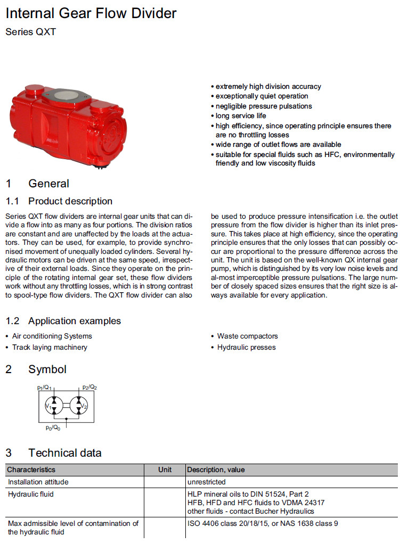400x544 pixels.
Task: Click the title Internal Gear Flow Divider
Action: [91, 13]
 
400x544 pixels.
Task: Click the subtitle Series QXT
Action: [30, 32]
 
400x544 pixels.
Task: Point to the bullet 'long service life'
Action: [240, 116]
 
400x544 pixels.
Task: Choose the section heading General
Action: [48, 184]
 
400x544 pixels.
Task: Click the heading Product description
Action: [70, 201]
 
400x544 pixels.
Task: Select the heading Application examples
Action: [75, 321]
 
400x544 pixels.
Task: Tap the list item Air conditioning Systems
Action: [52, 336]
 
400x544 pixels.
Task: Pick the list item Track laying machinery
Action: [50, 347]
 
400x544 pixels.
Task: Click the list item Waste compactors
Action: [247, 336]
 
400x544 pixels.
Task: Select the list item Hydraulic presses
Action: [246, 347]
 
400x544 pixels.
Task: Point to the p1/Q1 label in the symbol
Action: [44, 387]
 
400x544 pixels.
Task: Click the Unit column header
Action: [165, 469]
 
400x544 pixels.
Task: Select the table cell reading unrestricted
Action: [207, 482]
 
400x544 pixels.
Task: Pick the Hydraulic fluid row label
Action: [31, 494]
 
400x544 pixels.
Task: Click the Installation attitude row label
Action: [38, 482]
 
